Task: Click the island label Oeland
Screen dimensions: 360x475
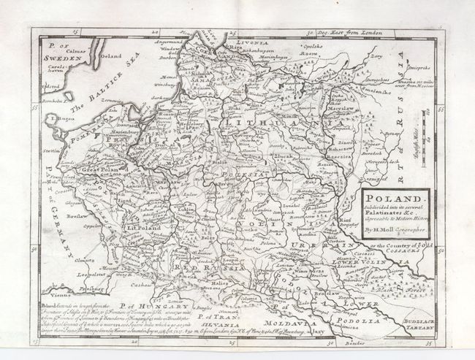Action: coord(110,55)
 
